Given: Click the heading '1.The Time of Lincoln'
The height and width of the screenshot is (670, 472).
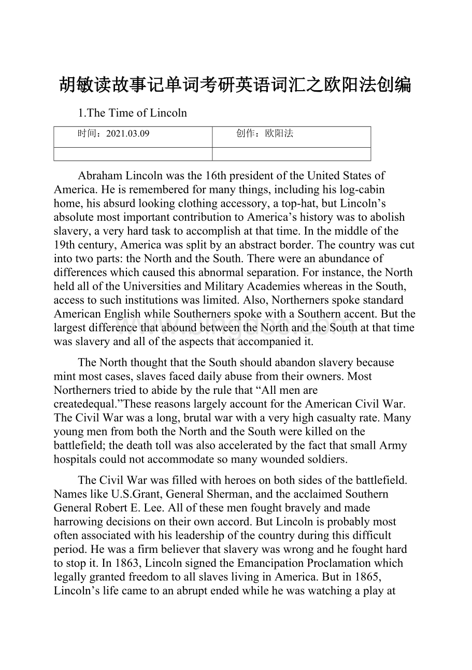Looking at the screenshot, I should pos(132,112).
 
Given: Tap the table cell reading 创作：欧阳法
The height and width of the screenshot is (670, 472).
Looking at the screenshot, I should pos(265,134).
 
